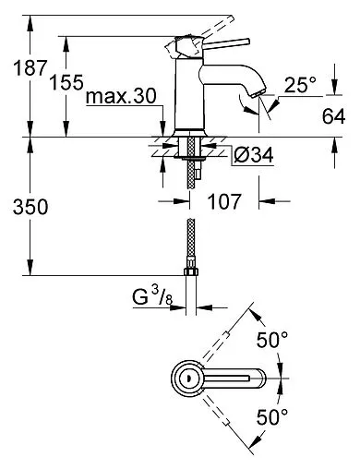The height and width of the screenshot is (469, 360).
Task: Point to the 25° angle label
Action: point(300,86)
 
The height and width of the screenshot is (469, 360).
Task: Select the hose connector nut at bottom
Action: point(193,270)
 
